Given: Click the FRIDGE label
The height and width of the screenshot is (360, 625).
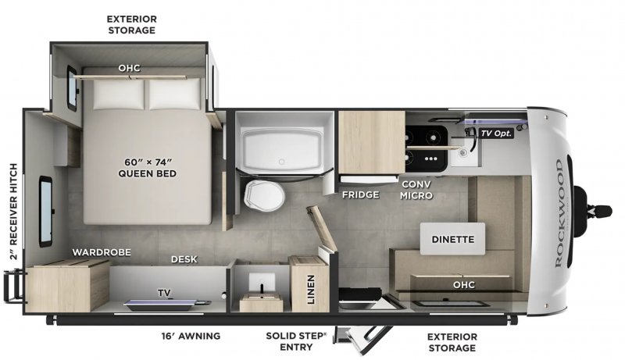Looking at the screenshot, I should (x=360, y=194).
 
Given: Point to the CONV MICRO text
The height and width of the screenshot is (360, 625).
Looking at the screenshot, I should (x=416, y=190).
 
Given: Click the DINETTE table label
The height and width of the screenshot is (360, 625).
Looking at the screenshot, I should (x=452, y=240).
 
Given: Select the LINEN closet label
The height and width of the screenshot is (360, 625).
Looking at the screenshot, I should (x=310, y=290).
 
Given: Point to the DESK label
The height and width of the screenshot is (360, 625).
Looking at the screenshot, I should (x=184, y=259).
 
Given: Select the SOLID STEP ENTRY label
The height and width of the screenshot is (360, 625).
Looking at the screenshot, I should (x=296, y=341).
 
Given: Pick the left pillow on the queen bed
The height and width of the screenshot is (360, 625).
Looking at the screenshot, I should (x=120, y=96).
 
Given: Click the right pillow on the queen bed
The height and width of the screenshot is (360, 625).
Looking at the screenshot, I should (x=170, y=96).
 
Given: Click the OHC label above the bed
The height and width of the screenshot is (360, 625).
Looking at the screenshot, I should (x=129, y=68).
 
